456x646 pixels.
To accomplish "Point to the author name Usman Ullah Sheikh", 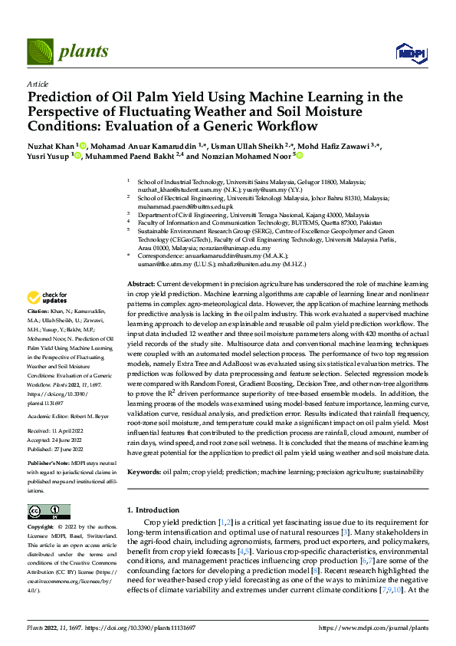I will click(x=251, y=145).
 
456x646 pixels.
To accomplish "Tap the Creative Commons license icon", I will click(x=48, y=512).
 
